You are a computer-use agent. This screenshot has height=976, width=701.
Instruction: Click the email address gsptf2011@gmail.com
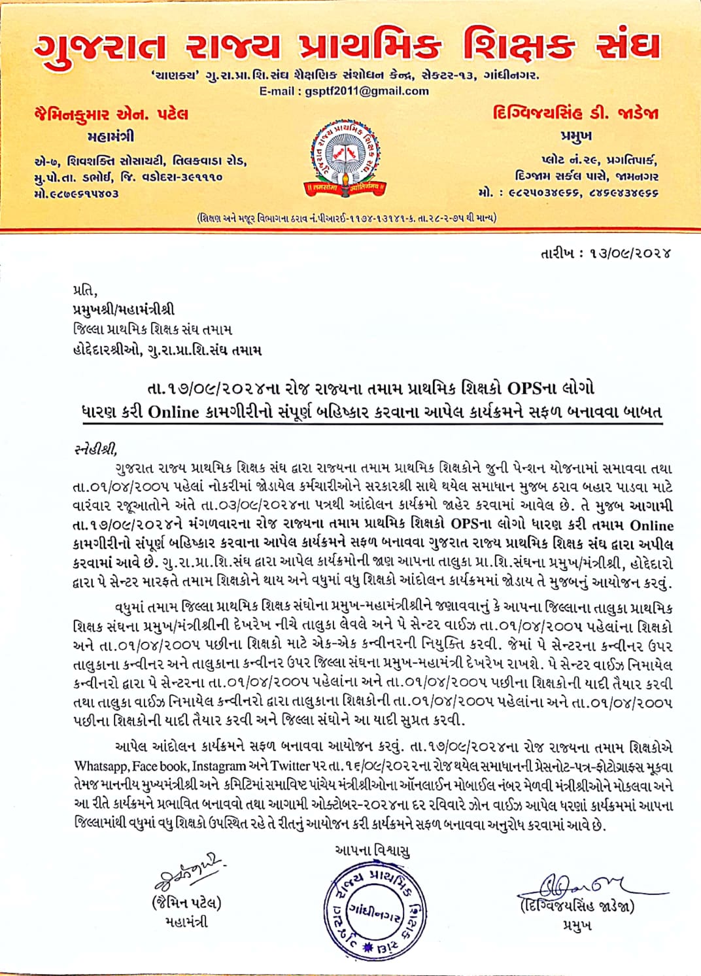[367, 92]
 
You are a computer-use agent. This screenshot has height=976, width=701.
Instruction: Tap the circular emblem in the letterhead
[346, 157]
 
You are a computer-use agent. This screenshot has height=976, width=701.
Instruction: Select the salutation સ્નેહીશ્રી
[95, 449]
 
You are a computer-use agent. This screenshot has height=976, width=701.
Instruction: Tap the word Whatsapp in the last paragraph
[101, 766]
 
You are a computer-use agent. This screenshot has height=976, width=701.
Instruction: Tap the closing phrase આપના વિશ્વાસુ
[372, 850]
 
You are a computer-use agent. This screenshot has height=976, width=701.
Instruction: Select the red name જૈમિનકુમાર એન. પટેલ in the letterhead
[111, 114]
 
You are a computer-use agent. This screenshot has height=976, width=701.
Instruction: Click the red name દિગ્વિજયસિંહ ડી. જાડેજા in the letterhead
[575, 113]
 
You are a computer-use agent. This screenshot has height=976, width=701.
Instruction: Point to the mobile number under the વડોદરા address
[77, 194]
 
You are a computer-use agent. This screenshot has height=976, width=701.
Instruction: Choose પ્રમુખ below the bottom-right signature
[577, 926]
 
